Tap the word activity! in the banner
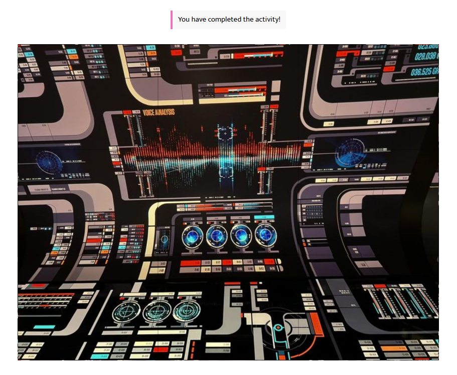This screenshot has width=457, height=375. [x=268, y=20]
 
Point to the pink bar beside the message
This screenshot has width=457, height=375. [x=172, y=20]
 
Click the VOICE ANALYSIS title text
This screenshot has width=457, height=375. [x=159, y=112]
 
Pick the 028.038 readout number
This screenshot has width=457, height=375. [x=425, y=56]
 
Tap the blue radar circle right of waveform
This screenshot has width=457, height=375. [x=350, y=152]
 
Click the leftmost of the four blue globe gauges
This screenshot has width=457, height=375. [x=193, y=235]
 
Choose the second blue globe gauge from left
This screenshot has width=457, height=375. [x=217, y=235]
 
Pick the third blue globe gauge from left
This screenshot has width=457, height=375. [x=241, y=234]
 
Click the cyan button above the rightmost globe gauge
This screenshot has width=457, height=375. [x=264, y=217]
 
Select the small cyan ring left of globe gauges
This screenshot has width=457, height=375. [x=164, y=239]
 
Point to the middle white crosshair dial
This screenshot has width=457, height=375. [x=156, y=312]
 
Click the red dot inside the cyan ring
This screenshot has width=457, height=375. [x=277, y=328]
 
